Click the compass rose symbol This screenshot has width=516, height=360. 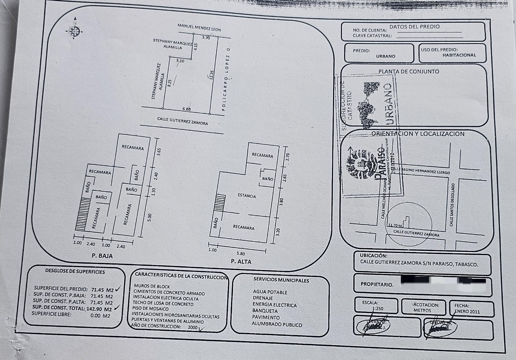click(x=74, y=30)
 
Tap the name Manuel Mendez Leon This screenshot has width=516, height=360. click(x=199, y=28)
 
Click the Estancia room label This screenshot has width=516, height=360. click(x=247, y=196)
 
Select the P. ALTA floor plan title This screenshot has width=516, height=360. click(x=241, y=261)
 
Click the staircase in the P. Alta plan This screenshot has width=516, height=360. click(x=219, y=203)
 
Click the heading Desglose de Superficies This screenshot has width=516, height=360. click(x=75, y=271)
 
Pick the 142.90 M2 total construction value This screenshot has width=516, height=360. click(x=101, y=308)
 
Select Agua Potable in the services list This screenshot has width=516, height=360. click(x=270, y=292)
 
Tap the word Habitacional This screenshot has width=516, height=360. click(x=459, y=55)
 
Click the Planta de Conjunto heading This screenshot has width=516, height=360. click(x=408, y=71)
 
